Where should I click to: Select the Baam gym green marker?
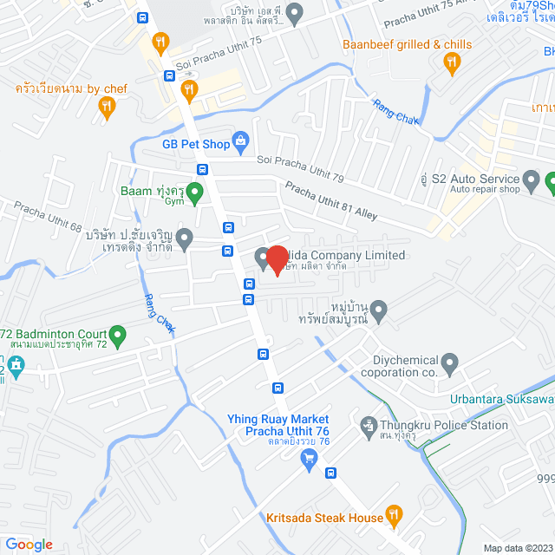click(x=196, y=191)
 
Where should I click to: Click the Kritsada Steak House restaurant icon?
click(x=394, y=518)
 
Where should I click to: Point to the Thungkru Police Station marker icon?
click(x=367, y=426)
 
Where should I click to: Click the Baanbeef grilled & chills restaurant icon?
click(x=451, y=61)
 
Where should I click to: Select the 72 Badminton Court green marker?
click(x=118, y=334)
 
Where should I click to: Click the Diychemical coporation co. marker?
click(x=449, y=362)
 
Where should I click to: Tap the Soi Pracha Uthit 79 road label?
click(x=301, y=169)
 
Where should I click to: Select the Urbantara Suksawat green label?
click(x=502, y=400)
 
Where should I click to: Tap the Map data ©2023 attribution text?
click(x=516, y=548)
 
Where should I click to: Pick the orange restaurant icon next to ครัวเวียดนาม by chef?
click(x=107, y=107)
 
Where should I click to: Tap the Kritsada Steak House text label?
click(x=325, y=518)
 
